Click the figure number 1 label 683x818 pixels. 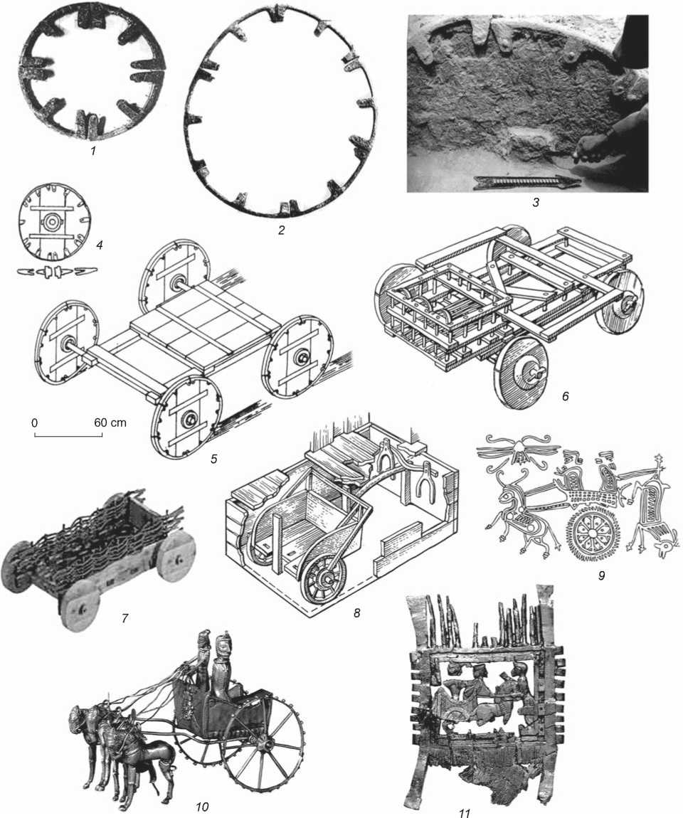point(92,152)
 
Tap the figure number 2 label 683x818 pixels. point(281,230)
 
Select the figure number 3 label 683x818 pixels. point(535,202)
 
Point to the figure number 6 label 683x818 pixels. point(565,396)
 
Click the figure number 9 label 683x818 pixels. point(602,576)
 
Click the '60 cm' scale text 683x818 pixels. point(110,422)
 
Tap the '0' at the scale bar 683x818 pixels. point(34,422)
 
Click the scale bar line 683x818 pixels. point(68,434)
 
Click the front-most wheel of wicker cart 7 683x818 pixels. point(81,607)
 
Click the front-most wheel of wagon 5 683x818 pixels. point(186,418)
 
